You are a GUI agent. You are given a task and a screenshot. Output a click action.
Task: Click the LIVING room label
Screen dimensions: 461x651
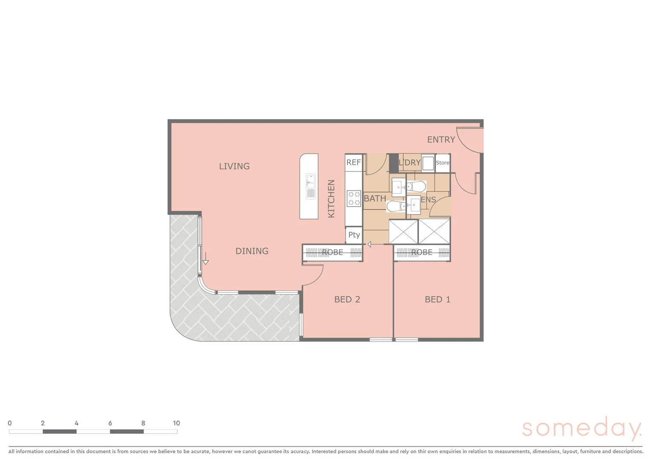click(234, 166)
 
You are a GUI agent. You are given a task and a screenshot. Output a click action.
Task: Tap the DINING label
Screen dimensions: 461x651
click(252, 251)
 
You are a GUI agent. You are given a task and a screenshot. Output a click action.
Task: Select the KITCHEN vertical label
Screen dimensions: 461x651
click(331, 198)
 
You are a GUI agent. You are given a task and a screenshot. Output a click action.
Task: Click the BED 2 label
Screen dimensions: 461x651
click(347, 299)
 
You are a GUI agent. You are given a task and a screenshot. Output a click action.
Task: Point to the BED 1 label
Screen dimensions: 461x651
click(437, 299)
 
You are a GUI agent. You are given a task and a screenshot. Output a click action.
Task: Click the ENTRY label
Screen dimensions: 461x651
click(441, 140)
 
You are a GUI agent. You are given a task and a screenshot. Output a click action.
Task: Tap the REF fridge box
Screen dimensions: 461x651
click(353, 162)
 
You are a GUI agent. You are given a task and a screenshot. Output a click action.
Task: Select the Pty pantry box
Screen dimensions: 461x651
click(354, 235)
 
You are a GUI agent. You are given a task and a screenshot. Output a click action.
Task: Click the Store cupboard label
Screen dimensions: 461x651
click(443, 163)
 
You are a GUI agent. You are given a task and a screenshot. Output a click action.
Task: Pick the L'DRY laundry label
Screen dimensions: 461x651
click(409, 163)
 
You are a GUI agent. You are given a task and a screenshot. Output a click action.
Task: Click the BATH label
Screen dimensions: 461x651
click(375, 198)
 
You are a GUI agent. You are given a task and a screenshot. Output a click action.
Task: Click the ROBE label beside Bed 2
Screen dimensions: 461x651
click(332, 252)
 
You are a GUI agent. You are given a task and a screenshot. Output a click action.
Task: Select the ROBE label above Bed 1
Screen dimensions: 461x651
click(422, 252)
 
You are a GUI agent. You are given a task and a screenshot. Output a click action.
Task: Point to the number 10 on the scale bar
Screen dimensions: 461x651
click(176, 423)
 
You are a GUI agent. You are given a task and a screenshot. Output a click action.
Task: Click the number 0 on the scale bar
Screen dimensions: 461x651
click(10, 423)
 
